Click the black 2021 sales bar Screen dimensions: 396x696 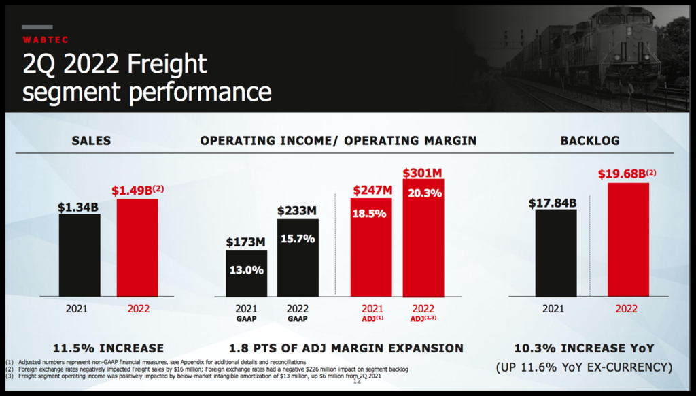pos(79,255)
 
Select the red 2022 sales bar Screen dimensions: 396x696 pos(137,248)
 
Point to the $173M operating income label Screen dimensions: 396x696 pos(245,242)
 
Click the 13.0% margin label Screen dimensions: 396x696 pos(245,269)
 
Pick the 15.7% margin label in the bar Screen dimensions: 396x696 pos(298,240)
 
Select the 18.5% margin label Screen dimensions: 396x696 pos(370,213)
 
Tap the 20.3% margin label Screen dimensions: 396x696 pos(424,193)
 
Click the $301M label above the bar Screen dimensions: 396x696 pos(423,173)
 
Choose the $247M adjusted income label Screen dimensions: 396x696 pos(372,191)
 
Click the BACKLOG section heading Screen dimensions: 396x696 pos(589,141)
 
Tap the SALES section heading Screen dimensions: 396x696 pos(91,141)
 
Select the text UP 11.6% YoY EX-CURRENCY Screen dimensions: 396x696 pos(585,367)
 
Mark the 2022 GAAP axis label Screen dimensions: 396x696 pos(297,313)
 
